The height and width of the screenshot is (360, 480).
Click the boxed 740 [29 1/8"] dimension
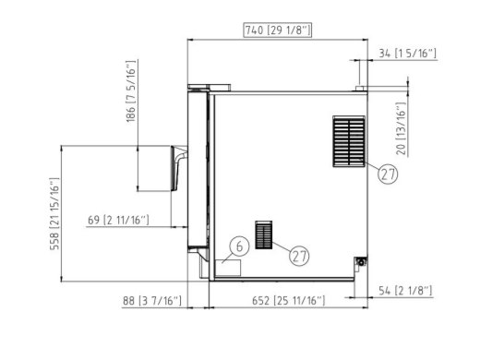(278, 30)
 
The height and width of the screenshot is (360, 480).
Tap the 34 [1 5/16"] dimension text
(407, 54)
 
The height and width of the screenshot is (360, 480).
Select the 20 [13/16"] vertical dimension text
(401, 128)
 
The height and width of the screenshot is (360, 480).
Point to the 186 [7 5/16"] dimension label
(131, 91)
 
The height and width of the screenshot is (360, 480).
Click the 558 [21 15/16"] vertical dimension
(54, 214)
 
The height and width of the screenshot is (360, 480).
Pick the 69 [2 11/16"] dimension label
(118, 220)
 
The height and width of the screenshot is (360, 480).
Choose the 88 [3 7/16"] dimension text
(152, 300)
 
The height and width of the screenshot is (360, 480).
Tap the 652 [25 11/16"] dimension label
(288, 300)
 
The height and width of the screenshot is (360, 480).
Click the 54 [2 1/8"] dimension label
(405, 291)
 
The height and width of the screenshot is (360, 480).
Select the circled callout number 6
(239, 246)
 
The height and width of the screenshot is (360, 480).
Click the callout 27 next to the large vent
(388, 174)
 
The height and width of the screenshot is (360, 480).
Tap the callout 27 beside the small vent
(299, 256)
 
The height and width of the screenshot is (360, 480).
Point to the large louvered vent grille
(349, 141)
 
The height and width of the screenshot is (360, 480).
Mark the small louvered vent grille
(264, 234)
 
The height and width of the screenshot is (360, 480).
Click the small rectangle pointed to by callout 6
(228, 268)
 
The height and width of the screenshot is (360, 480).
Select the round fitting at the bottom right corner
(361, 262)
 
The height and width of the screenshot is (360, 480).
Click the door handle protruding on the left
(178, 168)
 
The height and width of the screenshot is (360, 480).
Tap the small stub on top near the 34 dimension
(359, 89)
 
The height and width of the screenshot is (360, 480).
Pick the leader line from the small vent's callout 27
(282, 247)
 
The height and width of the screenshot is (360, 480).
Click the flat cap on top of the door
(209, 87)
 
